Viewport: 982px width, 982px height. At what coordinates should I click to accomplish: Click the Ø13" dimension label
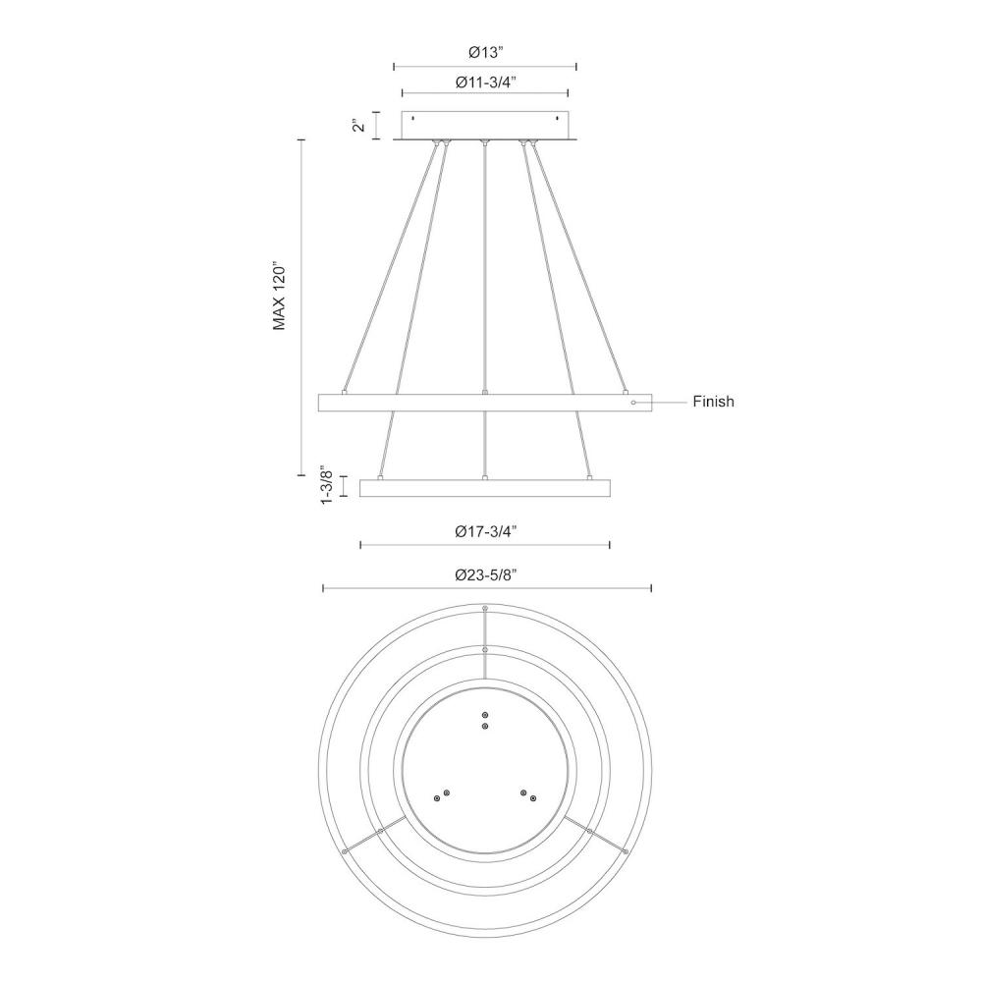(486, 53)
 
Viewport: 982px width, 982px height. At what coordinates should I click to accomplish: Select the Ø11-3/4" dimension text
(486, 82)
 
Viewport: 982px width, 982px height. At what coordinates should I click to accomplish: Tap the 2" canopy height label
(358, 126)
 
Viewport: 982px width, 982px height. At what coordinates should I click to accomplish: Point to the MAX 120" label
(279, 295)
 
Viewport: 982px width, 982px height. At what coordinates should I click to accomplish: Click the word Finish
(713, 402)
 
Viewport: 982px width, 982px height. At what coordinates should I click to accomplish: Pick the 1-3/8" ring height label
(327, 485)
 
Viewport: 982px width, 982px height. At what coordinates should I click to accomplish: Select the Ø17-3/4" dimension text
(486, 531)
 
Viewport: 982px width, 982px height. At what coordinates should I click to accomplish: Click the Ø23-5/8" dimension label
(486, 574)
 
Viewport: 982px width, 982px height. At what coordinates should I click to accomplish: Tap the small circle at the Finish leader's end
(633, 402)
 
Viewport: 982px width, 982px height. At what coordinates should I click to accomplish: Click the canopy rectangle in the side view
(485, 126)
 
